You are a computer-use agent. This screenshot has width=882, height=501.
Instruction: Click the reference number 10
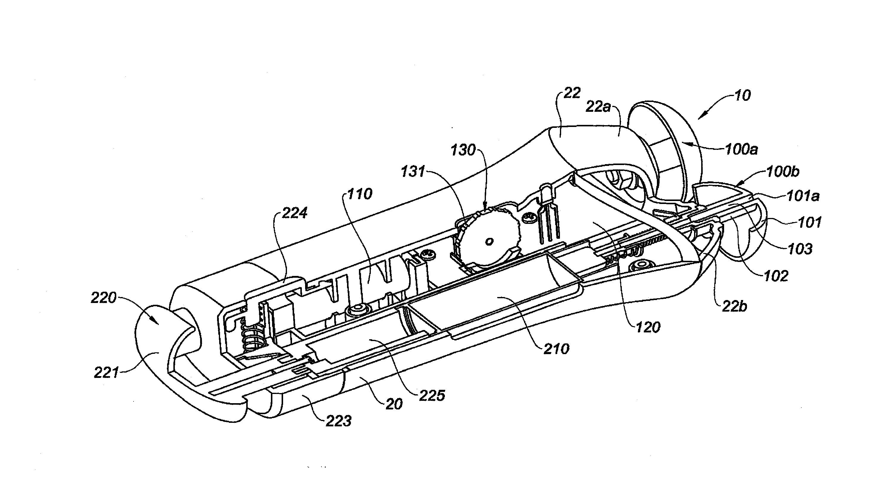(742, 96)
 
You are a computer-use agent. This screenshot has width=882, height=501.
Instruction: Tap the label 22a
(598, 107)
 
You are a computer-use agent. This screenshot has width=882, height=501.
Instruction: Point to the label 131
(413, 171)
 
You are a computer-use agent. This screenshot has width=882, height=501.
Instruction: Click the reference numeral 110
(360, 194)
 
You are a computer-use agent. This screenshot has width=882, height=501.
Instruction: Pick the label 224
(294, 213)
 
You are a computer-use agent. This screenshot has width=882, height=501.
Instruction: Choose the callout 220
(103, 298)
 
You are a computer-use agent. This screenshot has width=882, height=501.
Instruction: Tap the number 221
(106, 373)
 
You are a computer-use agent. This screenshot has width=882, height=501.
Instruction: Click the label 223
(339, 421)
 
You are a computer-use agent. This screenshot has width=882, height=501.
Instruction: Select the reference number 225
(432, 396)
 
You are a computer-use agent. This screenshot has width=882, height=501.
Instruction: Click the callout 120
(648, 328)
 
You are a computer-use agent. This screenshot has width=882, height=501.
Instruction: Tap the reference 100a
(741, 150)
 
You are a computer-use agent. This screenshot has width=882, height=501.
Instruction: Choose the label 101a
(803, 197)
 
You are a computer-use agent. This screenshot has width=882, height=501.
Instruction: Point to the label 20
(394, 404)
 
